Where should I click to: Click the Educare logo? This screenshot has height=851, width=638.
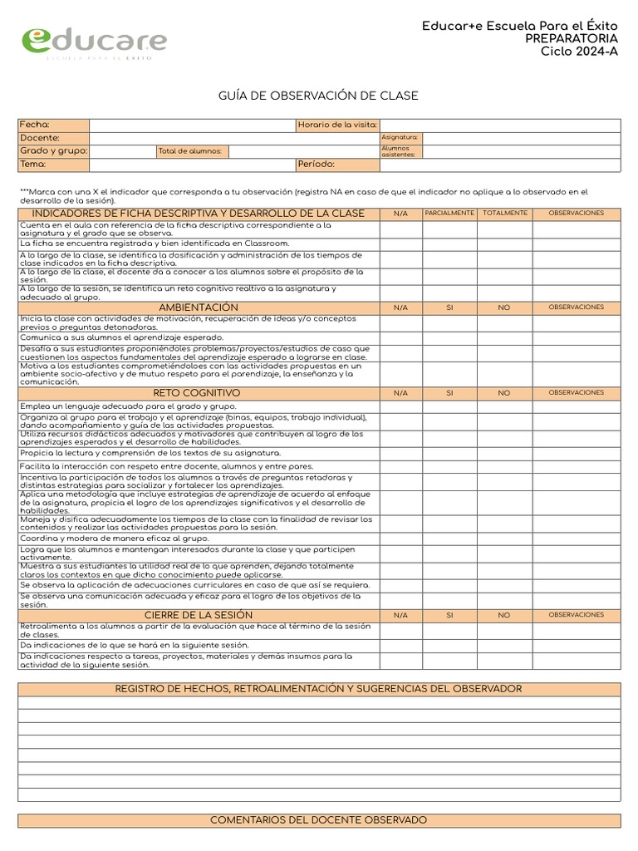(x=93, y=42)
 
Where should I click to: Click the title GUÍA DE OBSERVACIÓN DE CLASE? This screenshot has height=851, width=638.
(x=318, y=96)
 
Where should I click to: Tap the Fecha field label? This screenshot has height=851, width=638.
(x=35, y=125)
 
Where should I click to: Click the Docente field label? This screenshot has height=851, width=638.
(x=40, y=138)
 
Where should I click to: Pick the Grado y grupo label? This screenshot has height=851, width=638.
(x=53, y=151)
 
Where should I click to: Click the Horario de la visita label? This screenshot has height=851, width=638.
(x=337, y=125)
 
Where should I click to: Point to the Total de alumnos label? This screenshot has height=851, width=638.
(x=190, y=151)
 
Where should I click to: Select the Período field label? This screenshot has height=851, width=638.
(x=317, y=165)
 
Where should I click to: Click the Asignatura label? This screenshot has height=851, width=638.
(x=400, y=137)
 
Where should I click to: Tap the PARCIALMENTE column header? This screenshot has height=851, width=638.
(x=449, y=214)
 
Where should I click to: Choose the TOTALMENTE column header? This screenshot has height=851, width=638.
(x=505, y=214)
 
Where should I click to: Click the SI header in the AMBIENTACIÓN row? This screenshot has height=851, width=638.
(x=449, y=307)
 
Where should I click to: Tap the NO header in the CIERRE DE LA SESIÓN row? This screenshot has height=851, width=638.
(x=505, y=615)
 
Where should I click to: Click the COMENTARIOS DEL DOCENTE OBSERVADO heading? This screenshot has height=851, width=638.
(x=318, y=820)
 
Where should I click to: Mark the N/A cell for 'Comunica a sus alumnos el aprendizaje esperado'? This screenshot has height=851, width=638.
(x=401, y=338)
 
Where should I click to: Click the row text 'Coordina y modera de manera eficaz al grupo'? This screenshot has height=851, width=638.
(x=115, y=539)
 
